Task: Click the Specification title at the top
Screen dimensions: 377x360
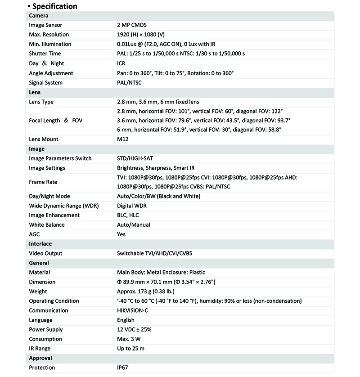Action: pos(54,6)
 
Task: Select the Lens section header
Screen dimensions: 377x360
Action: pos(35,92)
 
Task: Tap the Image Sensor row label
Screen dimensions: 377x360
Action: pos(45,25)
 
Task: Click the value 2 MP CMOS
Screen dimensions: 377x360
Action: pos(131,25)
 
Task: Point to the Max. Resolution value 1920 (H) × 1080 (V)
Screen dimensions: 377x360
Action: pos(148,35)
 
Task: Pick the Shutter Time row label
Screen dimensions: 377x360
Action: pos(45,54)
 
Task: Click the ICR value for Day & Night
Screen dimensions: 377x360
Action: pos(121,63)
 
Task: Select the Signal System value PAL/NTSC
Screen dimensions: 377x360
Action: pos(129,83)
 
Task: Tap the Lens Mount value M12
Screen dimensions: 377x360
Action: pos(122,139)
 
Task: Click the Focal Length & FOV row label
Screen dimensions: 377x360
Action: pos(56,121)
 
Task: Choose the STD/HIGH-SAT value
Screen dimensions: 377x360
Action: pos(135,158)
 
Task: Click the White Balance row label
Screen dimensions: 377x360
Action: pos(47,224)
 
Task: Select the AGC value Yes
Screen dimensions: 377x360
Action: pos(121,234)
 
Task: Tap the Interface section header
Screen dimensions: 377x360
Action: pos(40,244)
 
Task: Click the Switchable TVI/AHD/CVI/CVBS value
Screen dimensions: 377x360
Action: pos(154,253)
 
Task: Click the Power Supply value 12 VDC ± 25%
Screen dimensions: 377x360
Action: pos(134,329)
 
